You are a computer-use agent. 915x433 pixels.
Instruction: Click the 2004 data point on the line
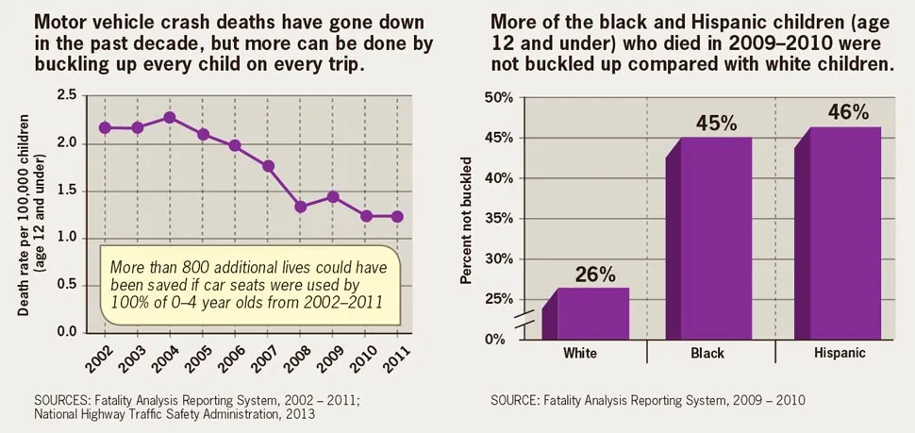(169, 118)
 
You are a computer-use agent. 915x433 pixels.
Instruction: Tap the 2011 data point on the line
(397, 216)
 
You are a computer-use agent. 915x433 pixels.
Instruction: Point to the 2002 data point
(104, 127)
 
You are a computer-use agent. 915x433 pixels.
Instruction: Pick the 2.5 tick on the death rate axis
(66, 95)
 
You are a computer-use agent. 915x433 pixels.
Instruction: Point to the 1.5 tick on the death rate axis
(66, 191)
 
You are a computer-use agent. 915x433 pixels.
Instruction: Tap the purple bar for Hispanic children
(844, 233)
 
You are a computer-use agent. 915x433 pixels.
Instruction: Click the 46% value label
(848, 112)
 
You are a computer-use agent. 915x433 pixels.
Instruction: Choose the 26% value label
(595, 275)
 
